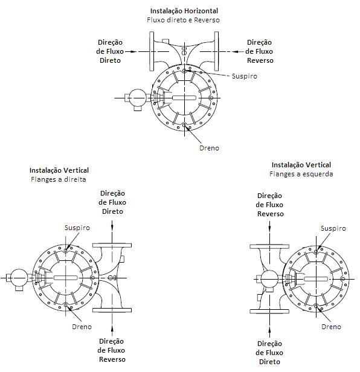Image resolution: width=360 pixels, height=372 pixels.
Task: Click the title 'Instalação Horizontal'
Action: [184, 11]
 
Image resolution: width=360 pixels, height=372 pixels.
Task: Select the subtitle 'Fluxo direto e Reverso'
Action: [183, 20]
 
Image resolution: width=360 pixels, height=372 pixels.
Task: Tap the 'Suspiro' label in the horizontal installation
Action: [244, 76]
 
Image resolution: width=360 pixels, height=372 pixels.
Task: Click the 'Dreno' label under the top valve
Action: [209, 148]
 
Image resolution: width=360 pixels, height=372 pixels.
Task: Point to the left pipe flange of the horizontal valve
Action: [152, 51]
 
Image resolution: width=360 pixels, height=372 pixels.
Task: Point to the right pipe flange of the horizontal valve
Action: [216, 51]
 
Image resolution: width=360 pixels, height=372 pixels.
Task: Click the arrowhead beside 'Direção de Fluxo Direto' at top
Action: [133, 51]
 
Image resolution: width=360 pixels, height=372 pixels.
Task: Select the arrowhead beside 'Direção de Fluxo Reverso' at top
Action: [235, 51]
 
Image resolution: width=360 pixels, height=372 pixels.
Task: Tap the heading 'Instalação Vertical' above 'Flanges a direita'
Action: [59, 170]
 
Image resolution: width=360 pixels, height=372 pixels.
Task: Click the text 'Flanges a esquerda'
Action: [301, 174]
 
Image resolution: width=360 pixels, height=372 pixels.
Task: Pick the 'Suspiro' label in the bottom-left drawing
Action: [77, 228]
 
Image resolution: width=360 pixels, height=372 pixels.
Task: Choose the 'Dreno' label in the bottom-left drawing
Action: [82, 327]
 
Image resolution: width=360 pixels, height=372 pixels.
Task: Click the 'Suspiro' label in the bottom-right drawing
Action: [333, 228]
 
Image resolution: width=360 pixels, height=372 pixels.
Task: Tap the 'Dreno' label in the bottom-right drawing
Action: [331, 327]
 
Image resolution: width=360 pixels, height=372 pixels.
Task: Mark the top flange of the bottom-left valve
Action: [112, 245]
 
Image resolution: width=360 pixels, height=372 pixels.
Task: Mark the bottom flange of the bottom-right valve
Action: [269, 311]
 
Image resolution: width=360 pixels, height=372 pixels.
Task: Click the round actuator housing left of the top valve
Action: [138, 98]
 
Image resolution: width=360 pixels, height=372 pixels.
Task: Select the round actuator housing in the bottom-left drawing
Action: [19, 278]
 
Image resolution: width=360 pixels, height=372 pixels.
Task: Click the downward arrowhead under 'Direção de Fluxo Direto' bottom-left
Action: [112, 226]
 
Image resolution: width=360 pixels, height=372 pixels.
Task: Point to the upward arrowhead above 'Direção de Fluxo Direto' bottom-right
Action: [269, 330]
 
